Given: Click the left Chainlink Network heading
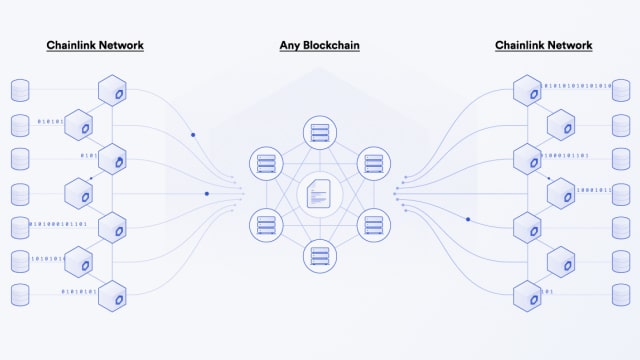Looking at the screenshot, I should (94, 45).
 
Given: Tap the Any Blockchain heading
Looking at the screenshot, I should (319, 45).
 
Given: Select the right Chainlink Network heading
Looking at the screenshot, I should (544, 45).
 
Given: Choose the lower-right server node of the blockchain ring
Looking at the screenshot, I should (372, 224).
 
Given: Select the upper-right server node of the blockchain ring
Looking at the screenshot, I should (372, 161).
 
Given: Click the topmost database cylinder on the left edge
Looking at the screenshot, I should (20, 91).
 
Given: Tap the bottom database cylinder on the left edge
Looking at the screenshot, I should (20, 295).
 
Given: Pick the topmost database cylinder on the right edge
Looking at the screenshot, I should (621, 91).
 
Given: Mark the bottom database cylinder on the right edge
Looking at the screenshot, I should (621, 295).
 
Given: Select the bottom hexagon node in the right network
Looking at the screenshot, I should (527, 295).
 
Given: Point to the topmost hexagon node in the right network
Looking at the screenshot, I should (527, 91).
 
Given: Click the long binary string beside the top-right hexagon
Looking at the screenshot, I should (578, 87).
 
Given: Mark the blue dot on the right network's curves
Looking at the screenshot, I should (467, 218).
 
